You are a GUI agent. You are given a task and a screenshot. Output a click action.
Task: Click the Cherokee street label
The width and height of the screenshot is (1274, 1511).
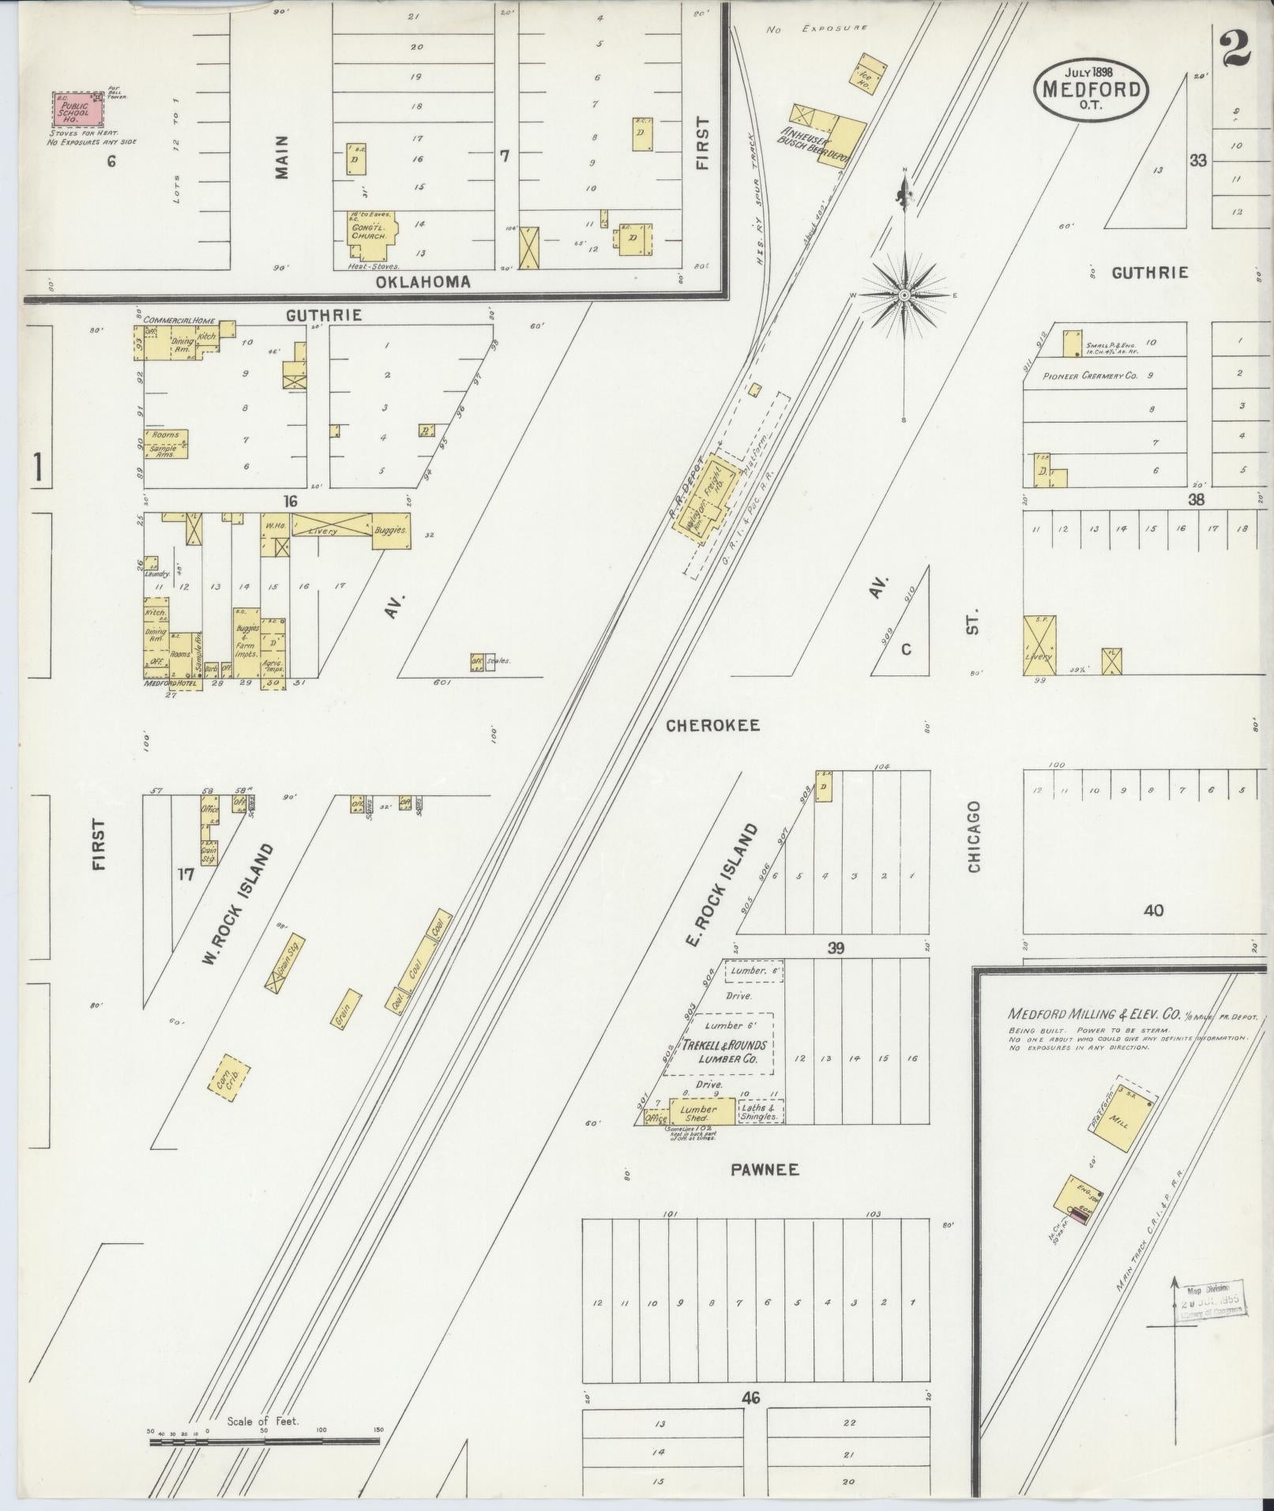pyautogui.click(x=712, y=725)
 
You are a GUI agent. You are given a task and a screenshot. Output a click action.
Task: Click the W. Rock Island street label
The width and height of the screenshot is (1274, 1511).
pyautogui.click(x=236, y=904)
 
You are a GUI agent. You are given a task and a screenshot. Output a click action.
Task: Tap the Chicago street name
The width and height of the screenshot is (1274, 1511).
pyautogui.click(x=973, y=836)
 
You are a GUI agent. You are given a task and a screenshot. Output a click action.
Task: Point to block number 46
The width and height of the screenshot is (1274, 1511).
pyautogui.click(x=750, y=1398)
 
